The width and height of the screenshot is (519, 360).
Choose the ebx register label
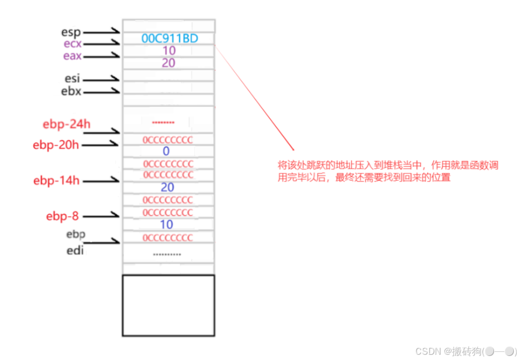click(x=71, y=91)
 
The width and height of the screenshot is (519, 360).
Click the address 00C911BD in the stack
click(x=169, y=39)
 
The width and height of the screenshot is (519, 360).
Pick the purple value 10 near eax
click(x=169, y=51)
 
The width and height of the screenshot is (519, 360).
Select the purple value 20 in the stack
click(x=169, y=63)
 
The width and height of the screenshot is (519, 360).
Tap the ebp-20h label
click(x=56, y=145)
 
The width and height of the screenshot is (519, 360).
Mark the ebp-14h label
click(x=56, y=180)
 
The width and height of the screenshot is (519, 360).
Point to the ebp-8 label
click(x=62, y=216)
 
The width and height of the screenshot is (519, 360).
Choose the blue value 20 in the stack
click(x=168, y=188)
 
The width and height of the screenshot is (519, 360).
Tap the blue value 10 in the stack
click(x=166, y=224)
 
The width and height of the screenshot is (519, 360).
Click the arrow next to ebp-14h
click(x=102, y=181)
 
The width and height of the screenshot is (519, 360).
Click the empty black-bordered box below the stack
click(x=168, y=305)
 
